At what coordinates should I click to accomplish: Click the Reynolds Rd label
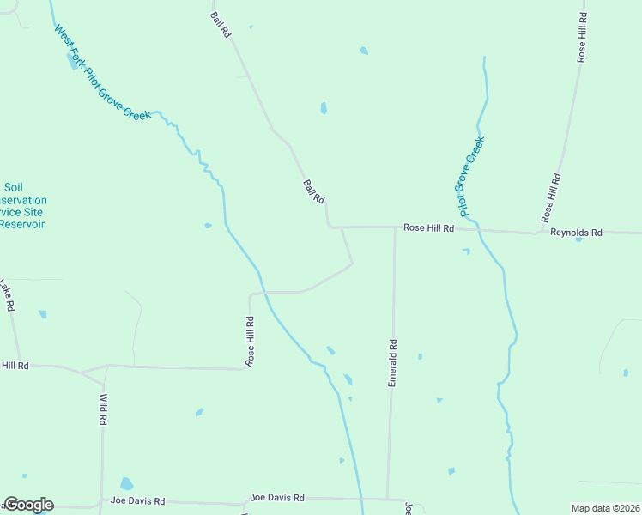(x=577, y=233)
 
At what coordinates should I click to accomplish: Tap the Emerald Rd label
(x=392, y=363)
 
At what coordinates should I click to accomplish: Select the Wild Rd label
(x=103, y=410)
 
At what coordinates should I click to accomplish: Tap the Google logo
(x=28, y=505)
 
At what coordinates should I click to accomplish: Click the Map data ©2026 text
(x=605, y=508)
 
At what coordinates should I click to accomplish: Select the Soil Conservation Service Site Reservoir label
(x=22, y=206)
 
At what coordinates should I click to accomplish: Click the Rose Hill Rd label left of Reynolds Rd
(x=428, y=227)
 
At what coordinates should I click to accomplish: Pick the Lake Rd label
(x=7, y=295)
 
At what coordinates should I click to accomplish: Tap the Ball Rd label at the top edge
(x=221, y=24)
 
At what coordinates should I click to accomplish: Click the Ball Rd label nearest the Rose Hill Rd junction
(x=313, y=191)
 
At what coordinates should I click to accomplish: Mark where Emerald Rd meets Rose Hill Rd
(x=395, y=227)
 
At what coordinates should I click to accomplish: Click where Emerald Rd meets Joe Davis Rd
(x=388, y=499)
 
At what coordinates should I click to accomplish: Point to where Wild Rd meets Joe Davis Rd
(x=101, y=503)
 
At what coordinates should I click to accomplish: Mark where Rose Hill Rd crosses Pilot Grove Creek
(x=477, y=230)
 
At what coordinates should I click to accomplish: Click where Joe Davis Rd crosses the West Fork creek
(x=360, y=499)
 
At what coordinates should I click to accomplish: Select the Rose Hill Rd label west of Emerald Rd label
(x=250, y=342)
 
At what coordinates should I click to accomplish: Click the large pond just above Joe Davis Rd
(x=127, y=483)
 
